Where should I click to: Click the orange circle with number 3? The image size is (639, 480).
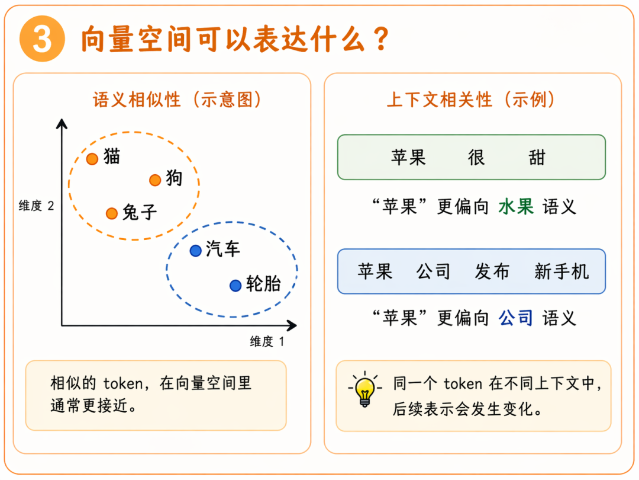tap(42, 39)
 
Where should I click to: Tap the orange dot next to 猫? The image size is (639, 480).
tap(92, 159)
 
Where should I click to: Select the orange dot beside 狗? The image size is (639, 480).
tap(155, 180)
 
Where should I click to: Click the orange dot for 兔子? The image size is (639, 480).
tap(112, 213)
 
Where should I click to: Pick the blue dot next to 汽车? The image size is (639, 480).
tap(196, 251)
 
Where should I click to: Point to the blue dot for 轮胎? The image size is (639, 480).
tap(235, 286)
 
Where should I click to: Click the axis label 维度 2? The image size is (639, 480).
tap(36, 206)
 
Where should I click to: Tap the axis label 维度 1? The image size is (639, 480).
tap(267, 341)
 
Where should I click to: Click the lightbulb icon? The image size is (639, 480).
tap(364, 389)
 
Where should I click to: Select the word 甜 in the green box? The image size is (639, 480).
tap(537, 158)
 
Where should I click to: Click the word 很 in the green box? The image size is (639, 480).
tap(476, 158)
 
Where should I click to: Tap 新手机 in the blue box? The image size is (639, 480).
tap(561, 271)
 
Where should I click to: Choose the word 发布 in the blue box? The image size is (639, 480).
tap(492, 271)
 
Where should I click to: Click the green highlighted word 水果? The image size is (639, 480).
tap(516, 207)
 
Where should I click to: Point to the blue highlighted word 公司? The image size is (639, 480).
tap(516, 318)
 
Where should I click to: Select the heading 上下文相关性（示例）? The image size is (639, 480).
tap(471, 99)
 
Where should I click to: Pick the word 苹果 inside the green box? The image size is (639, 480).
tap(408, 158)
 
